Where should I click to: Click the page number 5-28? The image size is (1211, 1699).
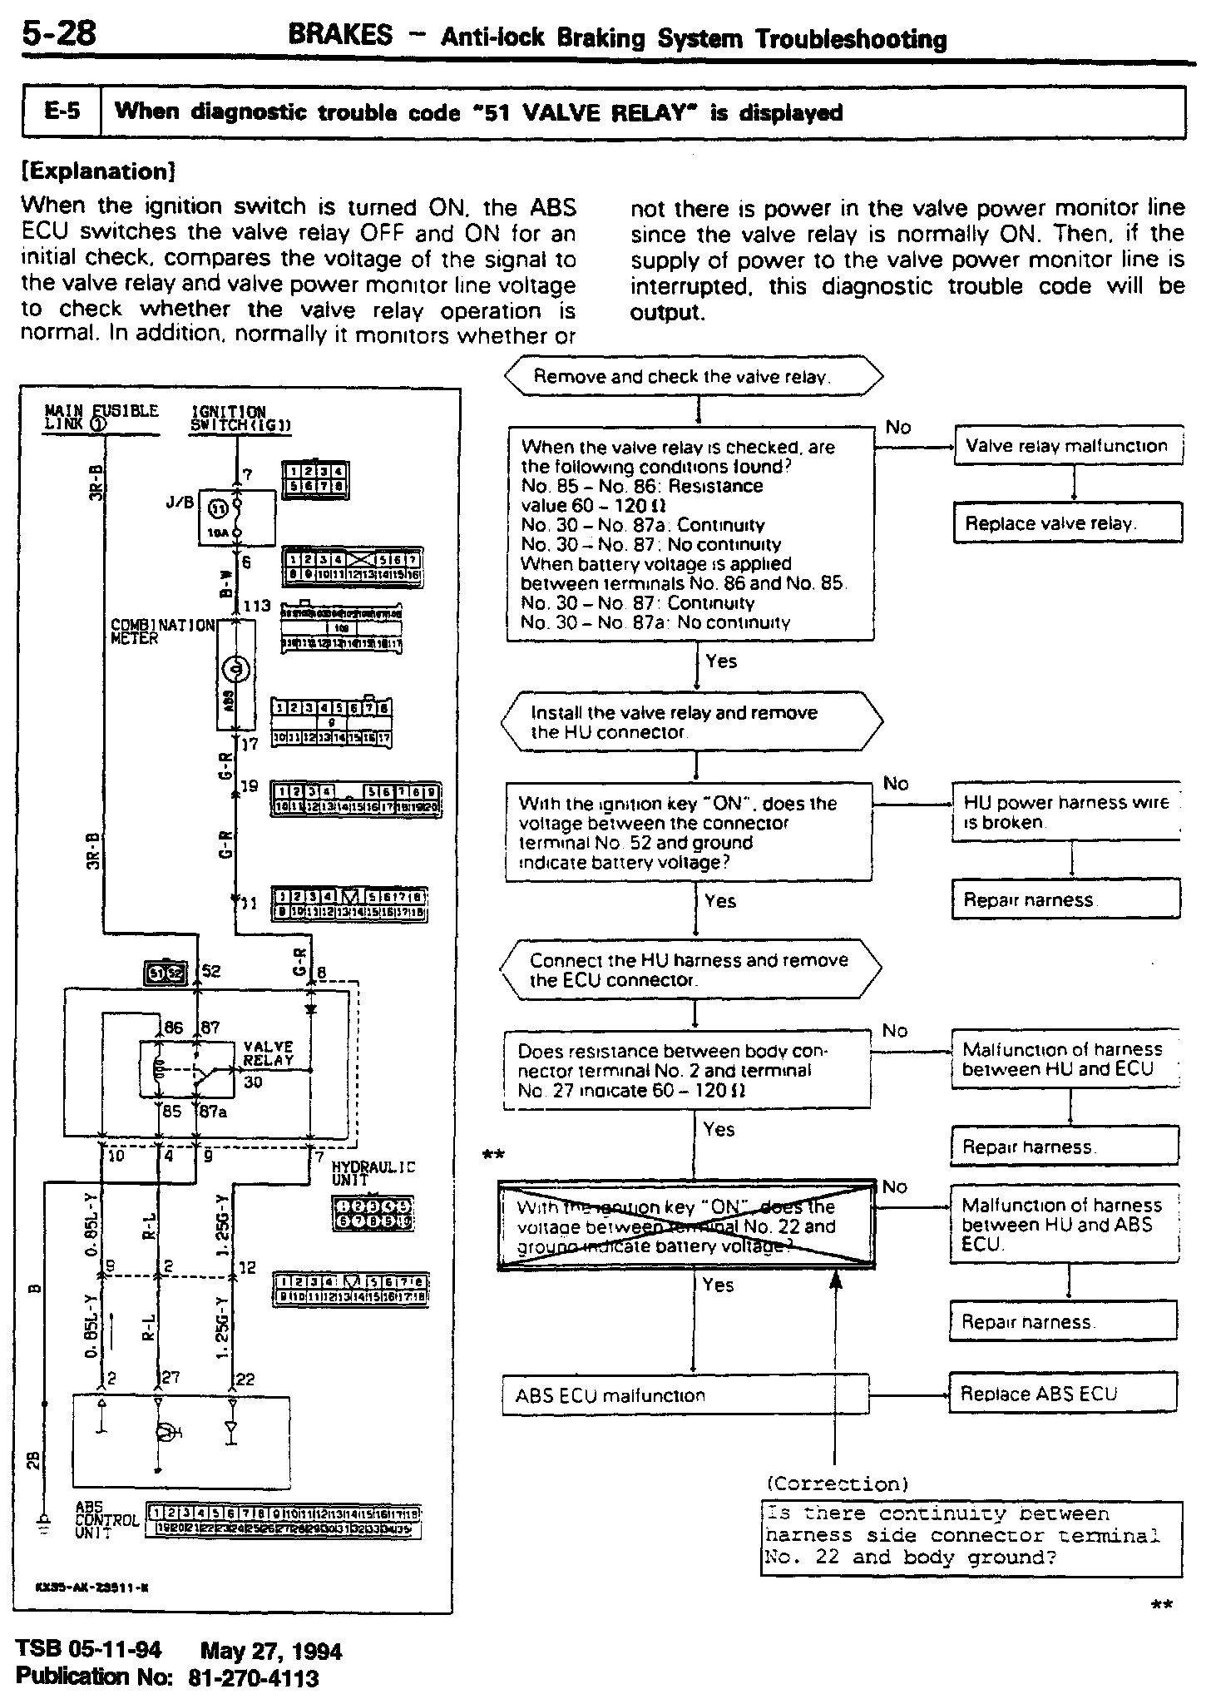(60, 34)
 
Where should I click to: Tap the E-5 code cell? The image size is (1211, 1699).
(62, 111)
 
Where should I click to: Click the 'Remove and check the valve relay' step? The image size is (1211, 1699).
(694, 377)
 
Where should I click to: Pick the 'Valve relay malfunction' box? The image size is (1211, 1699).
(1067, 446)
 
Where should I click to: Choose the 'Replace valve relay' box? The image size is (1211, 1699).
(1067, 523)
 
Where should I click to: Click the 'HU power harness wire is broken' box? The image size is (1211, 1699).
(1066, 812)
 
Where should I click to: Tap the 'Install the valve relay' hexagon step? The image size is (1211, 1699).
(692, 722)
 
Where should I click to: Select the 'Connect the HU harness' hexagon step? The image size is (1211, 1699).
(690, 969)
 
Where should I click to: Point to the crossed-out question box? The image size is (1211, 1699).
(686, 1226)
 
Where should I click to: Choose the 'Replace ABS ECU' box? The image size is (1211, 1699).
(1063, 1394)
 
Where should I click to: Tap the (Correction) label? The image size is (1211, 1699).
(838, 1484)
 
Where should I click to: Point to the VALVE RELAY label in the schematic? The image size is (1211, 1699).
(269, 1053)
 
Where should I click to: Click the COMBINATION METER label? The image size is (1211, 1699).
(163, 631)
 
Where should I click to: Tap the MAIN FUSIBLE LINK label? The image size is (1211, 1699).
(101, 417)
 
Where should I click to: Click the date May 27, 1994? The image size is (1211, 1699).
(271, 1651)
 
